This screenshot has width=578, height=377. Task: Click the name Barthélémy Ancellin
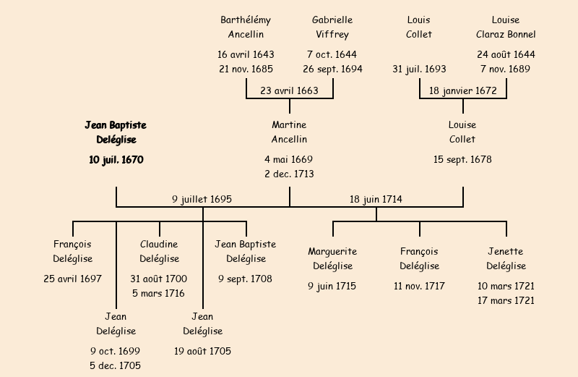coord(246,27)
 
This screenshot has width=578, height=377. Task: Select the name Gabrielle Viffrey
coord(332,27)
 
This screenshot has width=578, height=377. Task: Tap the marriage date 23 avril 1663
coord(289,91)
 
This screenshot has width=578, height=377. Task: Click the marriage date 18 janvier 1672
coord(462,91)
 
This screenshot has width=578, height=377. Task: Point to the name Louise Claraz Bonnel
coord(506,27)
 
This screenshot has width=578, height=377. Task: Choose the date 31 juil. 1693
coord(419,69)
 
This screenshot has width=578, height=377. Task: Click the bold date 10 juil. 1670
coord(116,160)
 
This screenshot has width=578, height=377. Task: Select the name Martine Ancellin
coord(289,132)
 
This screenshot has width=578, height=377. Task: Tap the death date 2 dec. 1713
coord(289,174)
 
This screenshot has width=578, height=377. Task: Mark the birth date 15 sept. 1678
coord(462,160)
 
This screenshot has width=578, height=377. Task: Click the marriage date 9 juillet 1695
coord(202,199)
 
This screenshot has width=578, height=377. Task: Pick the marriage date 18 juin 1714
coord(376,199)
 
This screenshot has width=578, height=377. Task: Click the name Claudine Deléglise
coord(159,251)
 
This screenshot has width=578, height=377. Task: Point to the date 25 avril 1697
coord(72,279)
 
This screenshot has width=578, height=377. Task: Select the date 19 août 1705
coord(202,352)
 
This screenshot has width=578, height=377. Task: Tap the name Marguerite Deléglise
coord(332,258)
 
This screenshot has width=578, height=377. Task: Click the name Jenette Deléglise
coord(506,258)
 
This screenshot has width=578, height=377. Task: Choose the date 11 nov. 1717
coord(419,287)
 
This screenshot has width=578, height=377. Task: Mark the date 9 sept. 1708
coord(246,279)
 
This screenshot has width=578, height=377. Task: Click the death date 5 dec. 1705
coord(116,366)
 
